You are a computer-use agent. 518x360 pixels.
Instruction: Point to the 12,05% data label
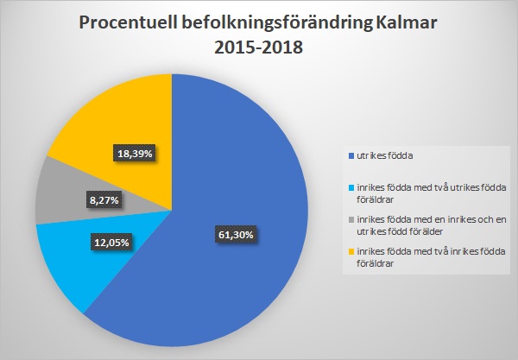[111, 243]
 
